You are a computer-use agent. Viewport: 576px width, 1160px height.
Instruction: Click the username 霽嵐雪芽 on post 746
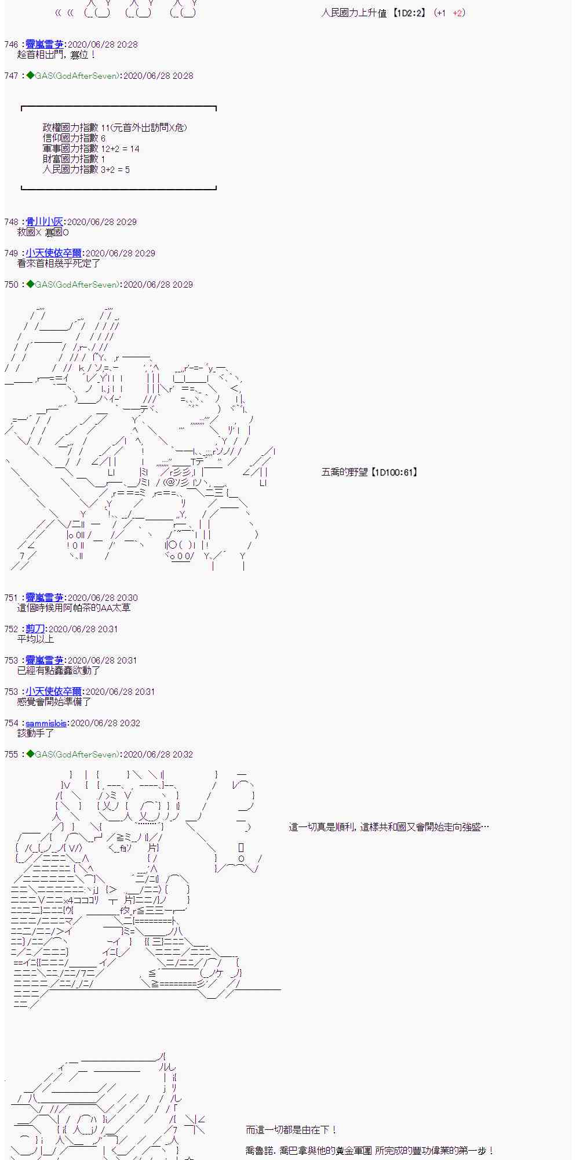pyautogui.click(x=45, y=45)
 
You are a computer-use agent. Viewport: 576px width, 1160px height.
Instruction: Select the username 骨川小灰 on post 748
pyautogui.click(x=45, y=222)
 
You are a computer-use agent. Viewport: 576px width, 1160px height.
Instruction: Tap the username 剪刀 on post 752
pyautogui.click(x=35, y=629)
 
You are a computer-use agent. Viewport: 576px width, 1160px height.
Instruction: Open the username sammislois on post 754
pyautogui.click(x=46, y=723)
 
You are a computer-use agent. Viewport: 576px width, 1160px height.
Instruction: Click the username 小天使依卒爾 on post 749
pyautogui.click(x=54, y=253)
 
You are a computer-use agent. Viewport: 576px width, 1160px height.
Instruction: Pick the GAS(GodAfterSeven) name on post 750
pyautogui.click(x=78, y=285)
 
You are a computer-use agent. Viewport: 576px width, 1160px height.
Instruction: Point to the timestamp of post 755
pyautogui.click(x=158, y=755)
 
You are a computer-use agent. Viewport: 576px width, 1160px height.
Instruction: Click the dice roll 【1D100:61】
pyautogui.click(x=393, y=473)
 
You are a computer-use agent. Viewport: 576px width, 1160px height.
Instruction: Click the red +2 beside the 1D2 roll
pyautogui.click(x=458, y=13)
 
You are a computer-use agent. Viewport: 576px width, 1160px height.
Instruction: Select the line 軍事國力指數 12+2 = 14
pyautogui.click(x=91, y=149)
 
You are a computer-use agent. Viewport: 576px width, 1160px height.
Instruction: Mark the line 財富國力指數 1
pyautogui.click(x=74, y=159)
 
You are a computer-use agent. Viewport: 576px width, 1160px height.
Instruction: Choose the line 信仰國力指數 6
pyautogui.click(x=74, y=139)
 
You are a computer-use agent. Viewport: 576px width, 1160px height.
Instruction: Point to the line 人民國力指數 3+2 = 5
pyautogui.click(x=86, y=169)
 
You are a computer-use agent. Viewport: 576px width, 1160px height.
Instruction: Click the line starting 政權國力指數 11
pyautogui.click(x=115, y=128)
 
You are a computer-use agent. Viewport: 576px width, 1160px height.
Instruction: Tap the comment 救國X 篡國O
pyautogui.click(x=43, y=233)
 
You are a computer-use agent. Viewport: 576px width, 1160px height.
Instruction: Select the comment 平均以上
pyautogui.click(x=36, y=639)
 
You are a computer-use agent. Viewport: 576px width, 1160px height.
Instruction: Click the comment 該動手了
pyautogui.click(x=36, y=733)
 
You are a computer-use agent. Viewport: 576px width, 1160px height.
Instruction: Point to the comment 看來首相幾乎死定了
pyautogui.click(x=59, y=263)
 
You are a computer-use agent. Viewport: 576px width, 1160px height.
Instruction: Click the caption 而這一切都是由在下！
pyautogui.click(x=291, y=1130)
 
